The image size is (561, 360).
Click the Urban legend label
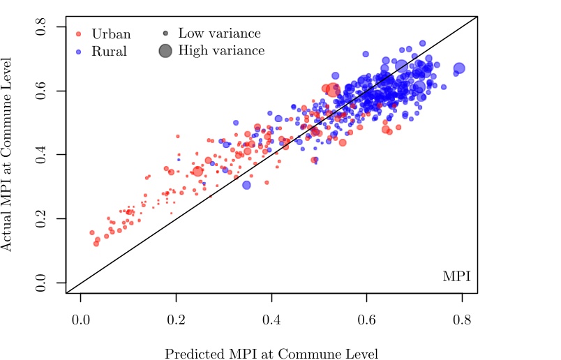[x=111, y=33]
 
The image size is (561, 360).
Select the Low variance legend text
[x=219, y=33]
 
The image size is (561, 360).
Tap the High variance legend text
[x=221, y=50]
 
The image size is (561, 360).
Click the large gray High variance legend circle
[x=165, y=50]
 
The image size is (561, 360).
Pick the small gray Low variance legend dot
[x=165, y=33]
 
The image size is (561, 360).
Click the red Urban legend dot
[x=79, y=33]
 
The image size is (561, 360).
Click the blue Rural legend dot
[x=79, y=52]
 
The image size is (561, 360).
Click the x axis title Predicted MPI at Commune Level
[x=271, y=354]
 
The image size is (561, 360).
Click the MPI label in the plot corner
[x=456, y=277]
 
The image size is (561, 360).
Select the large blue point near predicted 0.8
[x=459, y=68]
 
